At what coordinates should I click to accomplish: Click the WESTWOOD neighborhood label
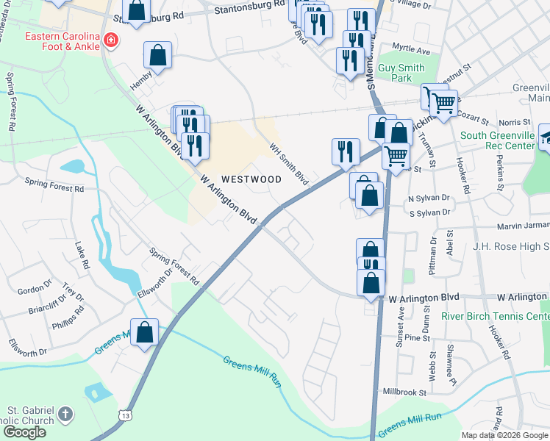coord(251,179)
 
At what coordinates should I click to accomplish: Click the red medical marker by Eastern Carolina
coord(110,39)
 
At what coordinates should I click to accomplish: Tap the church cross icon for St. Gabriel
coord(65,414)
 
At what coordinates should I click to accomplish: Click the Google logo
coord(24,432)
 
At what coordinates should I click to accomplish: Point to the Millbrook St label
coord(401,392)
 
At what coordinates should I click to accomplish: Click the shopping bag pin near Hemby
coord(158,55)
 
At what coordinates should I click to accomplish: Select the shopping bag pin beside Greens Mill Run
coord(145,331)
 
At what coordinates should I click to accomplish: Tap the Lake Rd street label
coord(82,255)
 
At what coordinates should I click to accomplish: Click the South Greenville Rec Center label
coord(498,140)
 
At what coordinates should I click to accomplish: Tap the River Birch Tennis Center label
coord(495,316)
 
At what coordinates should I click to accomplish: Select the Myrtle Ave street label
coord(411,51)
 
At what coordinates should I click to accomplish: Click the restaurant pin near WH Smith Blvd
coord(346,151)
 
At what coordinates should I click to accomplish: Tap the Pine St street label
coord(417,338)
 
